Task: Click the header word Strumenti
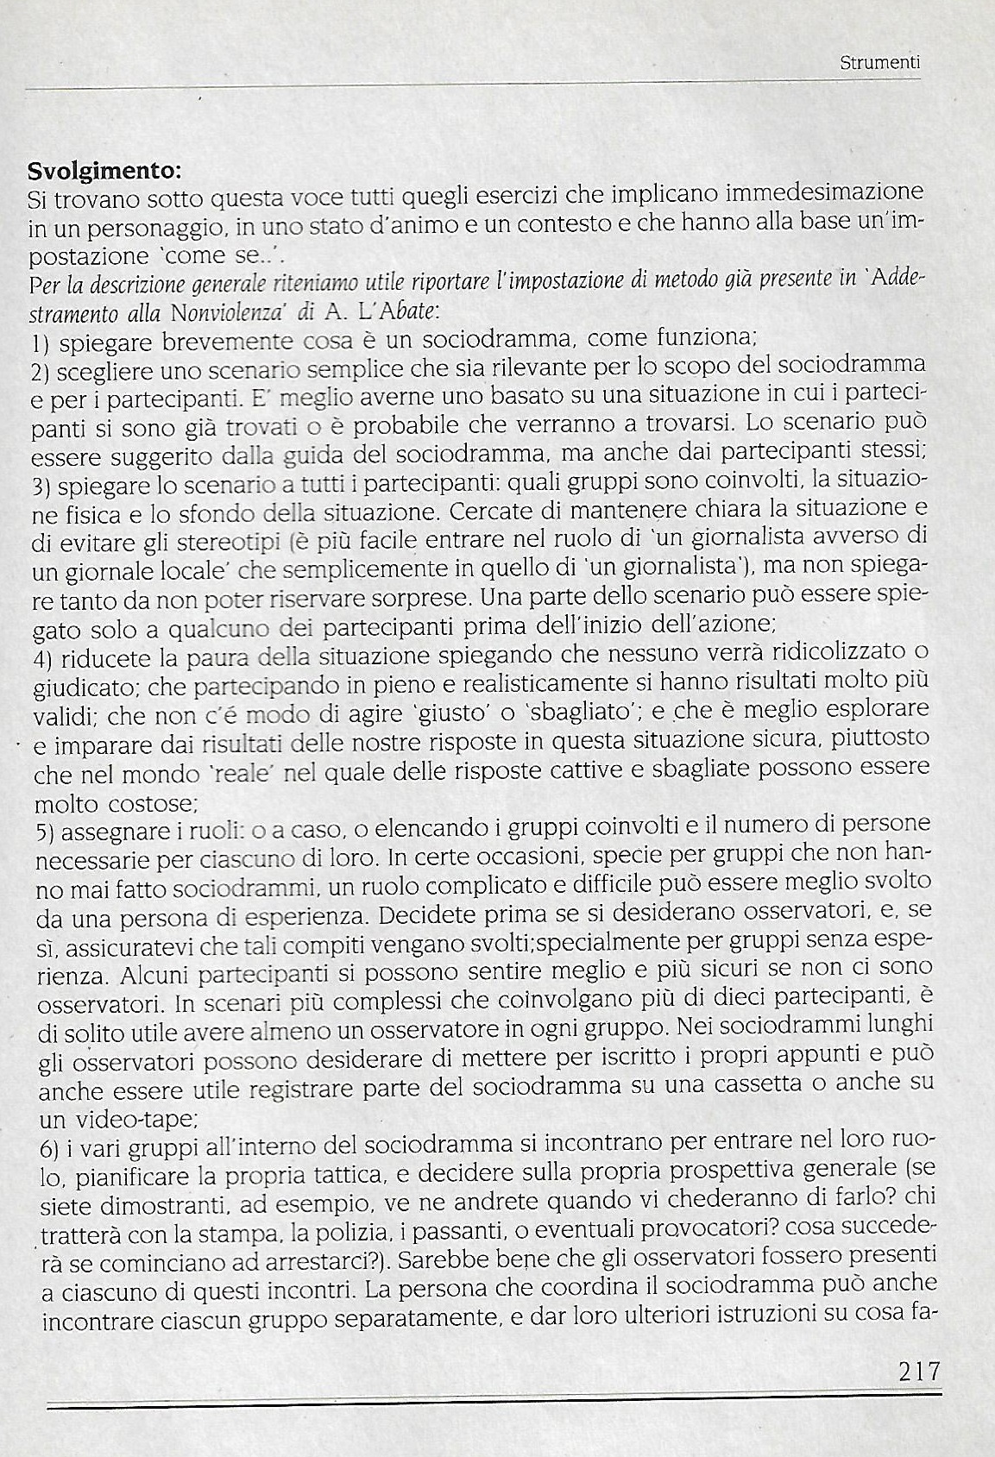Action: [879, 63]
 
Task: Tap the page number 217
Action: [917, 1370]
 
